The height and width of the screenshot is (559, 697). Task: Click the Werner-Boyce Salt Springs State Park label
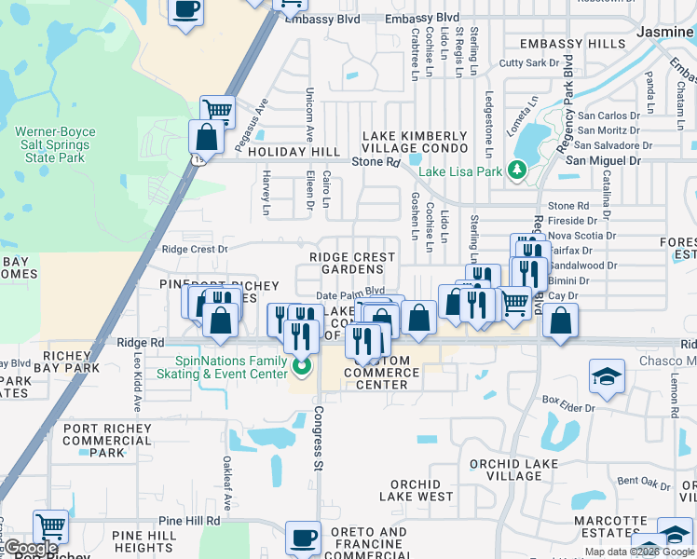coord(55,145)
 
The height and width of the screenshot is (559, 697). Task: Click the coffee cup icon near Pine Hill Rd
coord(304,538)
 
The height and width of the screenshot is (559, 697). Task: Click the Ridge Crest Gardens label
coord(351,263)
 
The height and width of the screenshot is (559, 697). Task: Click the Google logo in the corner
coord(31,548)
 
